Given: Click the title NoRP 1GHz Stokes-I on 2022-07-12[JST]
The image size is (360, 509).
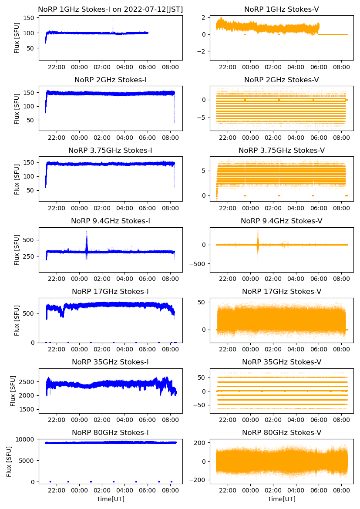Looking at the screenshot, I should (x=110, y=9).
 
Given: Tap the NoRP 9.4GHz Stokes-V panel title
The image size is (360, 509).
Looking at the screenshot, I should (x=281, y=221).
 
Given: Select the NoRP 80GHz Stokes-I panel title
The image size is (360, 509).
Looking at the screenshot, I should (x=110, y=433).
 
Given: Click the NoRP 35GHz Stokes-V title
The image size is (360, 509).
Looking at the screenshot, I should (x=281, y=362).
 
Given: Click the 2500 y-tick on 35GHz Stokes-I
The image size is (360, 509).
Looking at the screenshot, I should (x=29, y=382).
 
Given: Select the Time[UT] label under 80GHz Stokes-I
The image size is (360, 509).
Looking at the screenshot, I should (x=110, y=499).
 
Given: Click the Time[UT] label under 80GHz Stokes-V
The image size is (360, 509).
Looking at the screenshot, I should (x=281, y=499).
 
